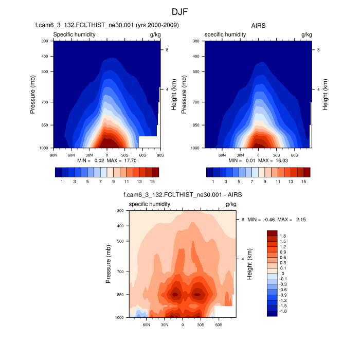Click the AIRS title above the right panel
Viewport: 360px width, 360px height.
pos(258,25)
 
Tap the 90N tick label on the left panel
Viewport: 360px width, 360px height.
pos(53,154)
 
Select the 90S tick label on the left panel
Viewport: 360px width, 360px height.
pos(160,154)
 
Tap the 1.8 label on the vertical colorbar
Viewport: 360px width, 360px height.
pos(283,236)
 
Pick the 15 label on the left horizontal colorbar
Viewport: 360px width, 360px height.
pos(152,182)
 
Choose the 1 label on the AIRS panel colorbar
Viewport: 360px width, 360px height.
pos(213,182)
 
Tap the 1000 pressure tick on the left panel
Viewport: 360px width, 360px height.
pos(43,148)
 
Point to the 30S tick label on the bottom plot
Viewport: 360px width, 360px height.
pos(200,325)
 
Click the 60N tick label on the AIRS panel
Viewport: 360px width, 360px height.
pos(222,154)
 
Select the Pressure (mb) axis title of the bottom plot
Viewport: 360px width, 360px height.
pos(109,264)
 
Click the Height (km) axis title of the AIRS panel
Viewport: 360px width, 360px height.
pos(326,95)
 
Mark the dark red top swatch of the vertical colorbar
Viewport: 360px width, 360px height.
pos(272,233)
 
